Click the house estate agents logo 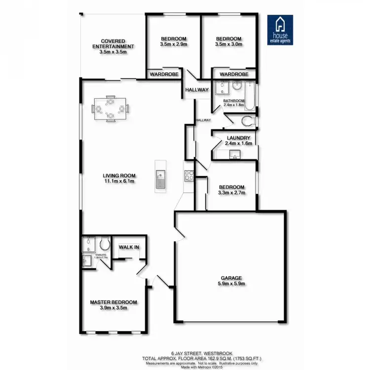(280, 30)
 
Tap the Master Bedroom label (113, 305)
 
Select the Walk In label (129, 247)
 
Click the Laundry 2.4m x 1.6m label (238, 141)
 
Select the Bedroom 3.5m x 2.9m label (174, 41)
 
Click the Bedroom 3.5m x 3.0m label (228, 41)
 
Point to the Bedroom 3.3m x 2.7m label (231, 190)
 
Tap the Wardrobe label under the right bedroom (234, 74)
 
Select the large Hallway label (197, 90)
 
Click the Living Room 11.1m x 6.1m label (119, 178)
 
